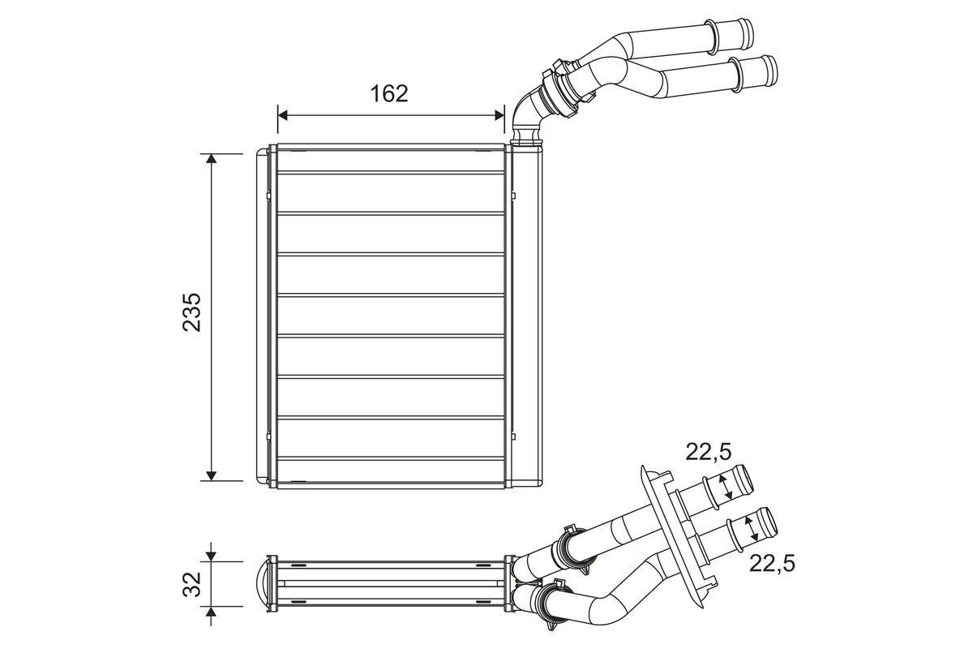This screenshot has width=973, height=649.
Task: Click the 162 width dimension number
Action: click(x=389, y=93)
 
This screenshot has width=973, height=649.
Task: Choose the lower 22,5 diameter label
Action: click(x=772, y=561)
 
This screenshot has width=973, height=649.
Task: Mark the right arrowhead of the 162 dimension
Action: click(x=499, y=116)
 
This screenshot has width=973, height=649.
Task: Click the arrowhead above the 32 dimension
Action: click(x=212, y=555)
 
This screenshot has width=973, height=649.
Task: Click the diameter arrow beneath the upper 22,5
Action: click(x=727, y=486)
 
